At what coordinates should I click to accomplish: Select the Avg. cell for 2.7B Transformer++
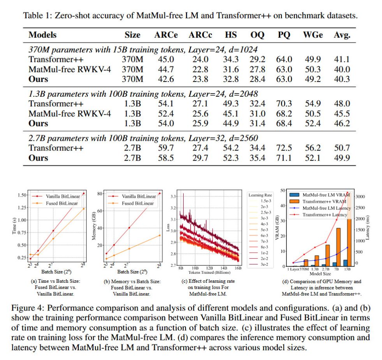tap(342, 148)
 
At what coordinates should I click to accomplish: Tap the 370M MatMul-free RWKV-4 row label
tap(70, 69)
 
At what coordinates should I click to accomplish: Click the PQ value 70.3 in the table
tap(284, 104)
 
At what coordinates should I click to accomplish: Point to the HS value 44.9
tap(231, 124)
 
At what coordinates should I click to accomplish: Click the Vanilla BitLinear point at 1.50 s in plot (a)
tap(83, 193)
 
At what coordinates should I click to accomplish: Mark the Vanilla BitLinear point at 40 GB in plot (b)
tap(129, 228)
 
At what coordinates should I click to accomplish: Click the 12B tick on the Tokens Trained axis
tap(210, 269)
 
